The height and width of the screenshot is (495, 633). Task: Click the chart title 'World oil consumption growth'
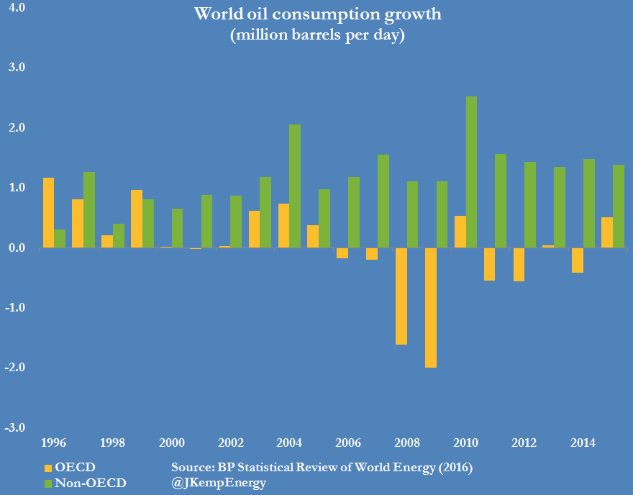click(316, 14)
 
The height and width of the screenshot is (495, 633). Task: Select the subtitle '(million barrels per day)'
click(316, 36)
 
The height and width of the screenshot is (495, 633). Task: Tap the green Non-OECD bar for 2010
click(471, 172)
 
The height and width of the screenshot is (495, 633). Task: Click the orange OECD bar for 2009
click(431, 307)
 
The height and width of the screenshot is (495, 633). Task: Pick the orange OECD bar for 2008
click(401, 296)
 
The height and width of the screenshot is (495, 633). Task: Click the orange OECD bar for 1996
click(48, 212)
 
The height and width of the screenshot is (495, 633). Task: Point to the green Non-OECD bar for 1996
click(60, 238)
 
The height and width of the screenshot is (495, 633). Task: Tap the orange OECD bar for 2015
click(607, 232)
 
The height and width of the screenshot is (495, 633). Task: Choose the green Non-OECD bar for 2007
click(383, 201)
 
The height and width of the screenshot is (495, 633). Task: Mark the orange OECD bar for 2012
click(519, 264)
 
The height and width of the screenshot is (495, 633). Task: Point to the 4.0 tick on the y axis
click(16, 8)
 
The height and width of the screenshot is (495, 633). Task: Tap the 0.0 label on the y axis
click(16, 247)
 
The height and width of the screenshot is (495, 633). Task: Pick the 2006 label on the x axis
click(348, 442)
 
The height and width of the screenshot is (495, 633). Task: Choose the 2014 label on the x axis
click(583, 442)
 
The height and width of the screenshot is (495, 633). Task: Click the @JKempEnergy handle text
click(219, 483)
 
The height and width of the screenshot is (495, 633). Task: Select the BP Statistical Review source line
click(322, 468)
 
